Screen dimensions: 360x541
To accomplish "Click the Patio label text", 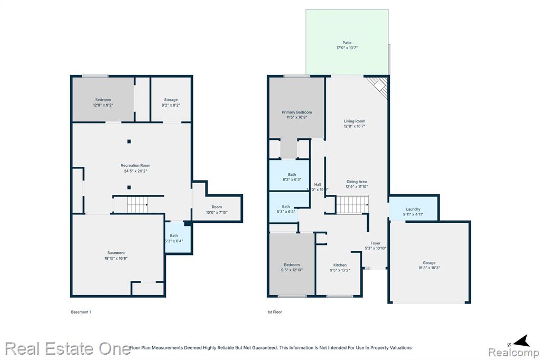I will (x=347, y=43).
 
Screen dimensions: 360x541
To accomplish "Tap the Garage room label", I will (x=428, y=262).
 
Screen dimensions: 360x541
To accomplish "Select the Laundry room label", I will (x=413, y=209).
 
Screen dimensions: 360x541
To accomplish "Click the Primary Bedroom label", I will (x=296, y=112).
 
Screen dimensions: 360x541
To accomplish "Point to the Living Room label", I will (x=355, y=121).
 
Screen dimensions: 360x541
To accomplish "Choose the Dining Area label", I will (x=356, y=182).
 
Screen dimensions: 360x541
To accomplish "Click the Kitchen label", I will (x=340, y=265).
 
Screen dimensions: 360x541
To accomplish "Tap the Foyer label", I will (x=375, y=243).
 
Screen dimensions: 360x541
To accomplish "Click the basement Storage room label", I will (x=171, y=99).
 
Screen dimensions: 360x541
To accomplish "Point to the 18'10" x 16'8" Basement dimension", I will (x=116, y=258).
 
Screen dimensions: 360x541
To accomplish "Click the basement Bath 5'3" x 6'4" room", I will (x=178, y=238).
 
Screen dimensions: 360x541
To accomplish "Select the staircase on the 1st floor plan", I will (x=352, y=205).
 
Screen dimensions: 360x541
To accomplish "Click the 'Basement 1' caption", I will (x=81, y=312).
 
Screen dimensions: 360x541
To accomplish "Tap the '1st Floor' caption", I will (x=274, y=312).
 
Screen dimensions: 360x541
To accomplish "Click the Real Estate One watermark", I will (x=68, y=348).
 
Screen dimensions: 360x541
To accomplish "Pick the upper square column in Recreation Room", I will (x=128, y=141).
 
